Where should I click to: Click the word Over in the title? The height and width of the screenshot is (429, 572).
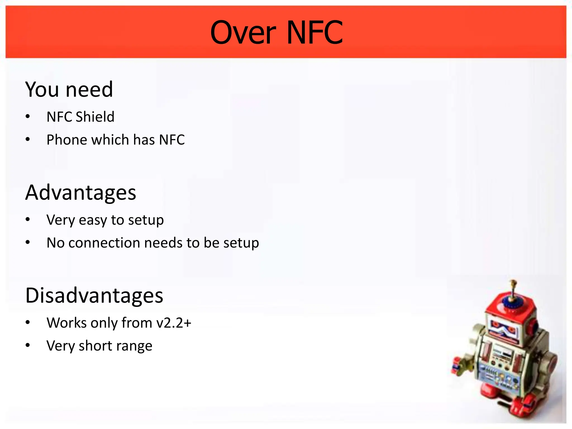click(x=243, y=33)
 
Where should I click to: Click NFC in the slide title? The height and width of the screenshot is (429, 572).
click(x=314, y=33)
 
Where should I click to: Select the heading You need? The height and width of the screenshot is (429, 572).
click(x=69, y=89)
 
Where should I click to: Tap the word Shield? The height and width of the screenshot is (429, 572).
click(x=95, y=117)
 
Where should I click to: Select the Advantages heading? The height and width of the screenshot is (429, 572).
click(x=81, y=193)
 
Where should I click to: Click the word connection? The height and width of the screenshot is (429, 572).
click(x=104, y=243)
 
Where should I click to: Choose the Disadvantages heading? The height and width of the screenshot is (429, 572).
click(x=94, y=295)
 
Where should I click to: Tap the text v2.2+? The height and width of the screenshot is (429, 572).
click(x=173, y=323)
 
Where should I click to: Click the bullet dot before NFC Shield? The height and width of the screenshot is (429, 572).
click(x=28, y=117)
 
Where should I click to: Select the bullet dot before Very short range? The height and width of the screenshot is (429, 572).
click(x=28, y=345)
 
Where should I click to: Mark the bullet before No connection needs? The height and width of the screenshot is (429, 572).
click(x=28, y=242)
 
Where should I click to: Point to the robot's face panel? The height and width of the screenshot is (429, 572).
click(x=503, y=330)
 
